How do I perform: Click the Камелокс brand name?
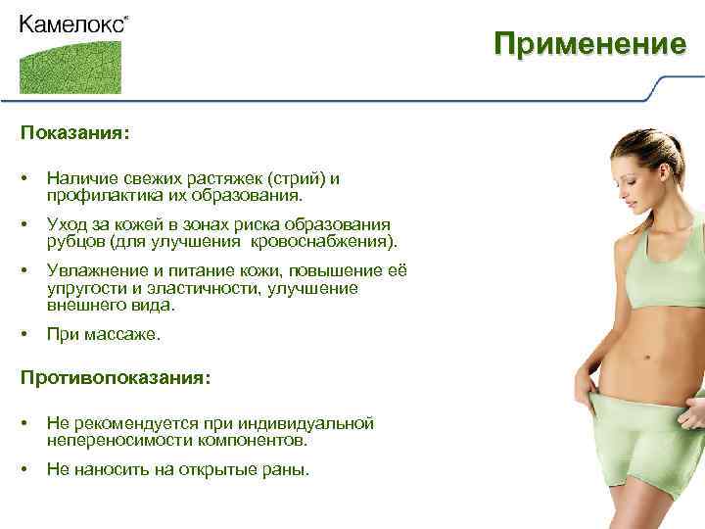71,24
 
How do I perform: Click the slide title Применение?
588,44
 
